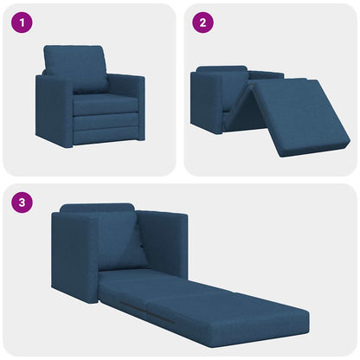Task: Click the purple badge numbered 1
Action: (22, 23)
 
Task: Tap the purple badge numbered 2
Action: (202, 23)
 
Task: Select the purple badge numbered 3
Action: (22, 205)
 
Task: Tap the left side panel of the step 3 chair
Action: (74, 255)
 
